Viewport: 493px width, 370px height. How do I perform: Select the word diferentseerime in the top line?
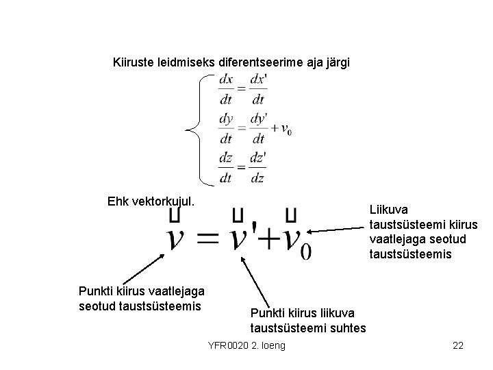coord(257,63)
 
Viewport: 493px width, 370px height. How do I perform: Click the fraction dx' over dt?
coord(258,89)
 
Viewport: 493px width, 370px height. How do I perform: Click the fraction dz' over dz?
coord(258,167)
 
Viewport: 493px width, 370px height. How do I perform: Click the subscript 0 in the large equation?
coord(305,251)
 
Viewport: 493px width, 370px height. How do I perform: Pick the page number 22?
coord(458,345)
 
